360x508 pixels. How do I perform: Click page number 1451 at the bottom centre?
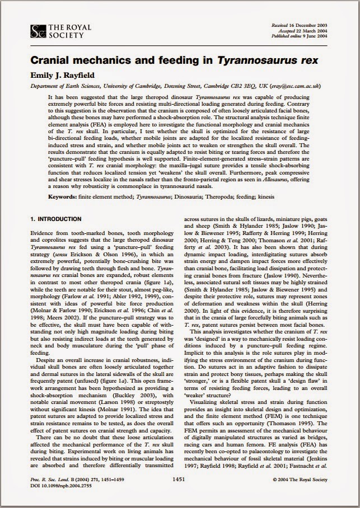(180, 479)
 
